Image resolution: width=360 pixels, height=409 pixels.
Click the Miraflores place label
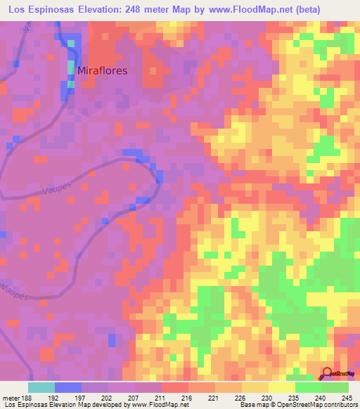(x=102, y=70)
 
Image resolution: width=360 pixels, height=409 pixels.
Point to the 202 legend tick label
(x=109, y=396)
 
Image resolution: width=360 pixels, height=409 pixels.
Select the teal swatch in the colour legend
(x=41, y=387)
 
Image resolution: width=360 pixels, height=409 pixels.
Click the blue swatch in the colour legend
(x=68, y=387)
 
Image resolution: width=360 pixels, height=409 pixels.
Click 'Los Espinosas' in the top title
(x=41, y=11)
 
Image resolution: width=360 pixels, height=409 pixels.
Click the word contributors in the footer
(x=339, y=405)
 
